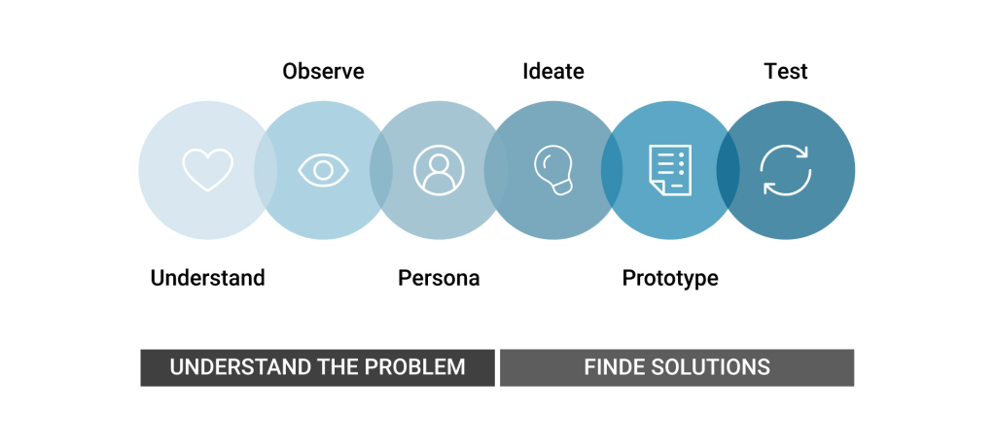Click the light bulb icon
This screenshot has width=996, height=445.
tap(553, 170)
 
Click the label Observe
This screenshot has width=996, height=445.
tap(323, 71)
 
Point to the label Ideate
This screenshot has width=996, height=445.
tap(553, 71)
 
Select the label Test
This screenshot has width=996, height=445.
tap(786, 71)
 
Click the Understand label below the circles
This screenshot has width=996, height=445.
tap(208, 278)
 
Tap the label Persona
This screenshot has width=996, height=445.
tap(439, 278)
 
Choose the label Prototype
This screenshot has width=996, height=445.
tap(670, 278)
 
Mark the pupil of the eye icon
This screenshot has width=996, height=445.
tap(323, 170)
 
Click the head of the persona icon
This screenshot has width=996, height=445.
tap(439, 163)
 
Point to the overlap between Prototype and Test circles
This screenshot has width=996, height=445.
tap(728, 170)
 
